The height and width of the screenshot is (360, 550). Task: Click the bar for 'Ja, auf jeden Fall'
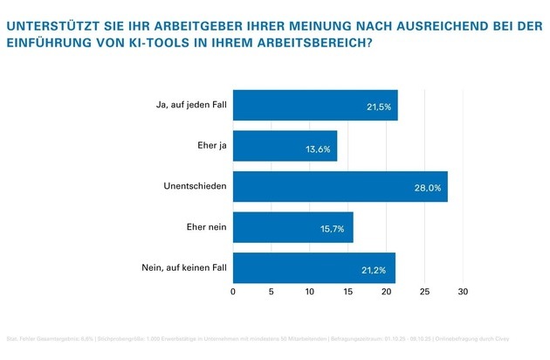coord(314,105)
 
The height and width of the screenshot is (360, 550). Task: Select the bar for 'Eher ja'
coord(285,146)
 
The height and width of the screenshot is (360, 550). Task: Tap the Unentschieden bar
coord(340,186)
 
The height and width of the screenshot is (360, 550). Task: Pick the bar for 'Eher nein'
coord(292,227)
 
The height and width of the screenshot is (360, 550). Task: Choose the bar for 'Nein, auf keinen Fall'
coord(313,267)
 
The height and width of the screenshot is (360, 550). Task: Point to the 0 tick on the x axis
coord(233,292)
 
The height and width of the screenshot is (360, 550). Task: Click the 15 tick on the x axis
coord(348,292)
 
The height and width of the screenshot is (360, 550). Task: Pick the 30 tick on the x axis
coord(464,292)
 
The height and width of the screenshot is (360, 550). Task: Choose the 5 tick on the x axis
coord(272,292)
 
